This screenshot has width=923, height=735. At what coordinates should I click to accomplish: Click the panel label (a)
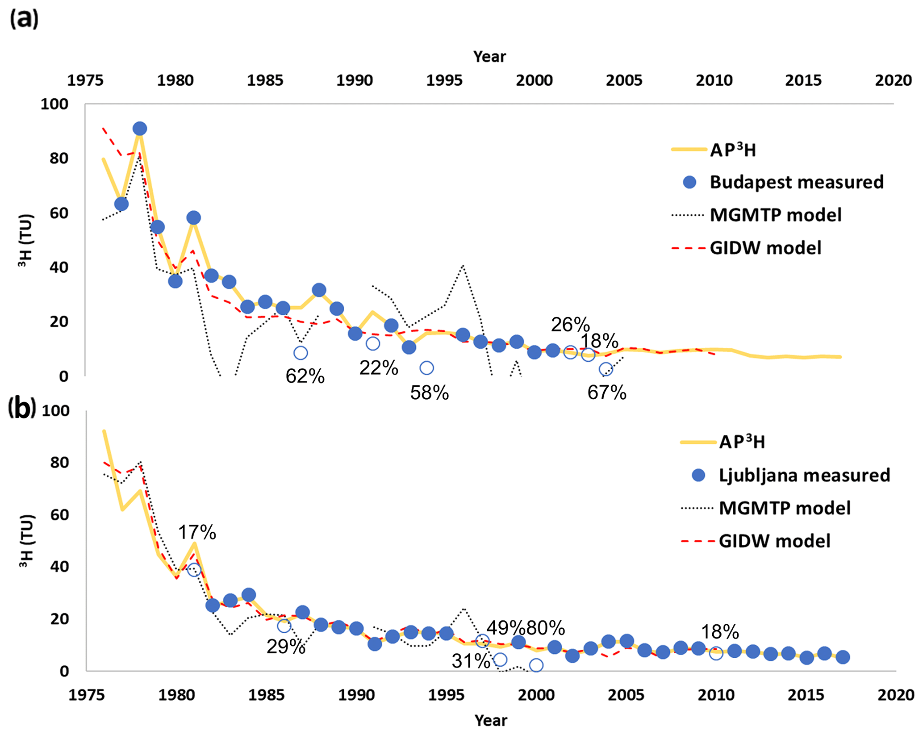(24, 19)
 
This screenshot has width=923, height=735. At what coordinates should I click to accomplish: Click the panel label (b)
(21, 409)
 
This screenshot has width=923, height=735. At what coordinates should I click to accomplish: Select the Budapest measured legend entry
(796, 182)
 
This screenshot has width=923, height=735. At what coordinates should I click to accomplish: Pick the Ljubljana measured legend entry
(804, 475)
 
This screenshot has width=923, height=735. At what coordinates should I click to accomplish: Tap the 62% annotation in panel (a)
(305, 376)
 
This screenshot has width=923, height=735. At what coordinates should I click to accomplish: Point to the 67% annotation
(607, 393)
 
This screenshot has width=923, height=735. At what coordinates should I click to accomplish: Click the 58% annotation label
(430, 393)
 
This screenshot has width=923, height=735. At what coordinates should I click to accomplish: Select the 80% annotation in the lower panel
(546, 628)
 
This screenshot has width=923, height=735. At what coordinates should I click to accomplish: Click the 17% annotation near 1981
(197, 532)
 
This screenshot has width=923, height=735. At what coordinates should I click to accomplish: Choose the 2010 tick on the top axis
(714, 80)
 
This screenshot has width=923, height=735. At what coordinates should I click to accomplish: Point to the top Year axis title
(489, 57)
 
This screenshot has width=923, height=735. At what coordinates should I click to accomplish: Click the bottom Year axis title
(491, 720)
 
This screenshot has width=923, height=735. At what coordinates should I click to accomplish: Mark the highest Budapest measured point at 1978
(140, 129)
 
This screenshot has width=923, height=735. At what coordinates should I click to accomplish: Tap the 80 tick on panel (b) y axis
(59, 463)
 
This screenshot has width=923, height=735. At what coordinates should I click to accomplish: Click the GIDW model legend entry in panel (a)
(765, 248)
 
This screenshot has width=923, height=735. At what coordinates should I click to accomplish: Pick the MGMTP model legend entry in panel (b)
(785, 508)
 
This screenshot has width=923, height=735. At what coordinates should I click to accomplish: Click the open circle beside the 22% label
(372, 343)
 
